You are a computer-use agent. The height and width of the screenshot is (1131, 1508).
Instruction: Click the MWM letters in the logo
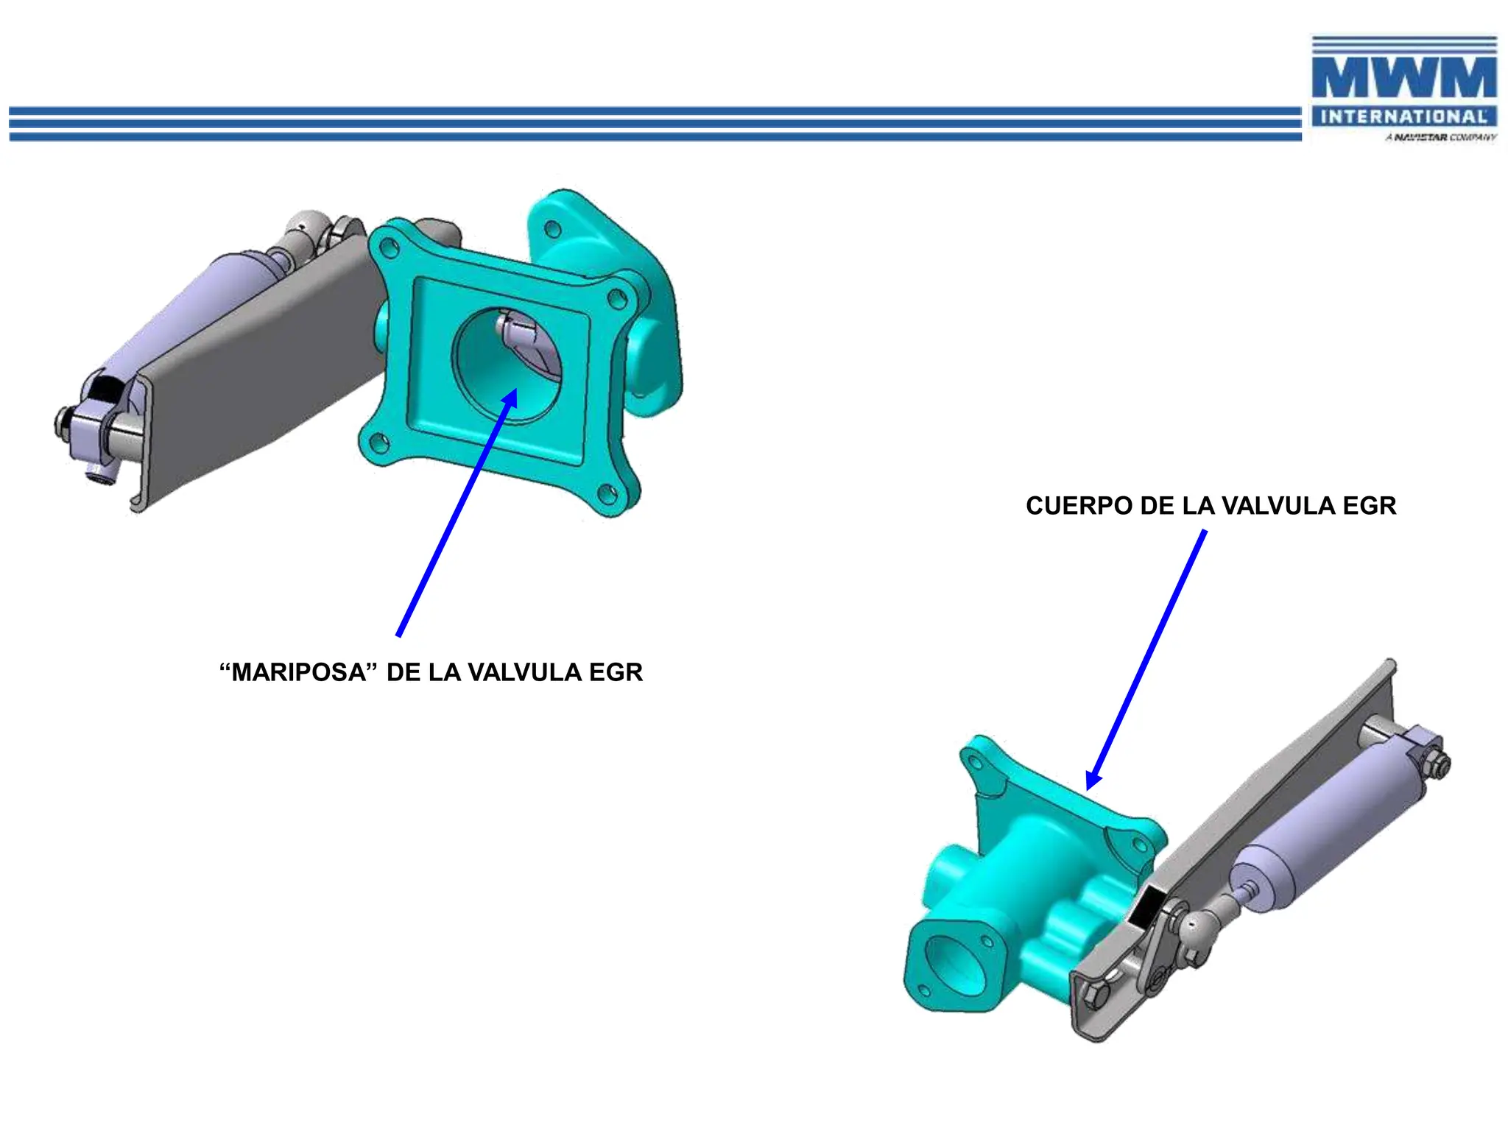click(x=1404, y=77)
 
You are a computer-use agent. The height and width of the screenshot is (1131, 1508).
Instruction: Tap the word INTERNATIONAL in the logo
click(x=1403, y=116)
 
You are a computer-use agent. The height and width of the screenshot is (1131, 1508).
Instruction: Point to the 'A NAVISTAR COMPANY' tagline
click(x=1440, y=137)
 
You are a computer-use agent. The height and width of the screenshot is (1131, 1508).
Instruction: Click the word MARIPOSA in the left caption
click(x=298, y=672)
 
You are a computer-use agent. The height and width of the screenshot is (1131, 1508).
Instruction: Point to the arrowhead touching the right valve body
click(x=1094, y=779)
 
